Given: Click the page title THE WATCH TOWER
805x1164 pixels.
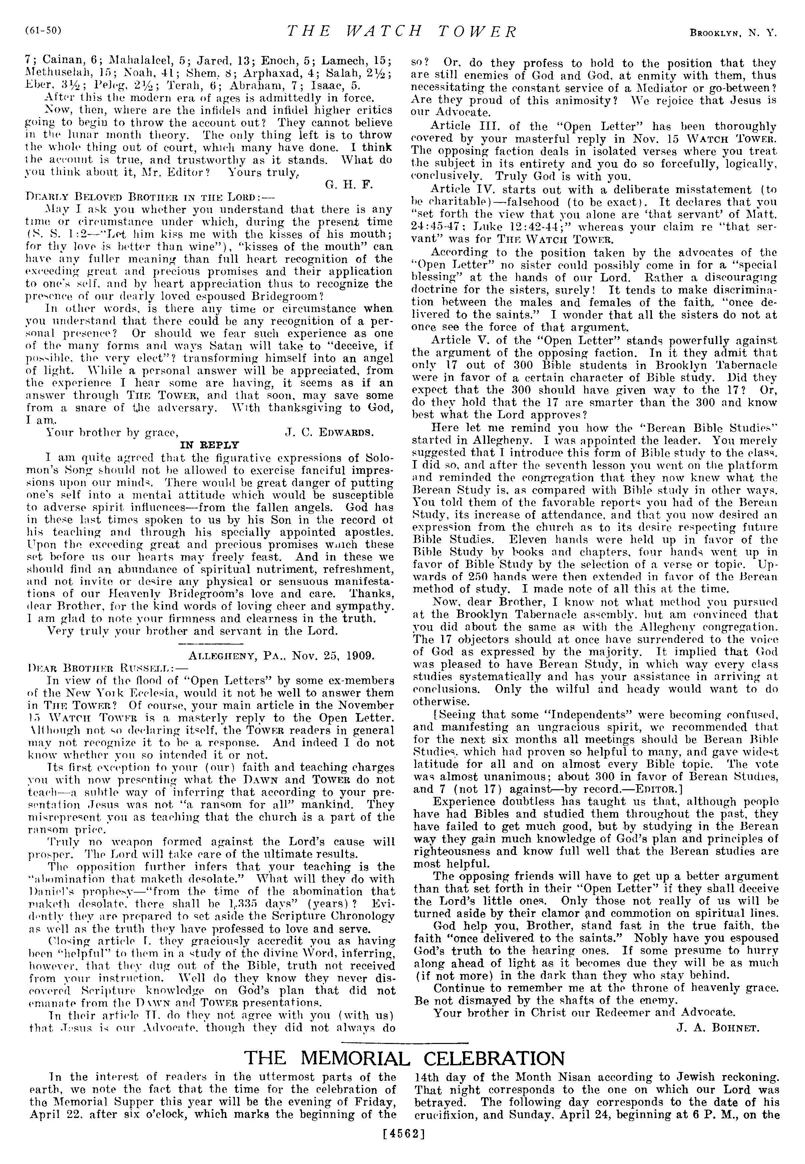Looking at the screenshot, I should (x=402, y=32).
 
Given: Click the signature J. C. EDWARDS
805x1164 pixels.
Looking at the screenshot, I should (x=328, y=432).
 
